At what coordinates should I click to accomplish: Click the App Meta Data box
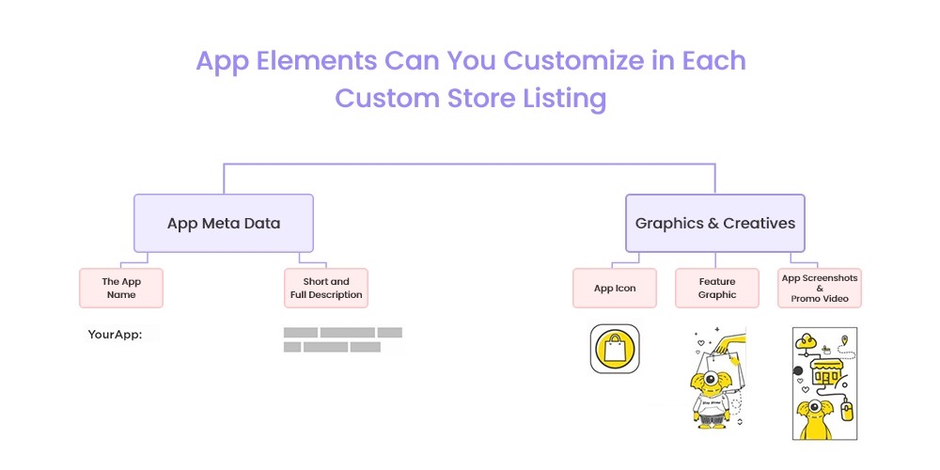(x=224, y=223)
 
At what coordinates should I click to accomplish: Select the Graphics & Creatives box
(x=715, y=223)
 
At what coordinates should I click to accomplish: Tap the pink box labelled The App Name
(x=121, y=288)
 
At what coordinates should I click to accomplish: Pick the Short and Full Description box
(x=326, y=288)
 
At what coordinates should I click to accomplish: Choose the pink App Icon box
(x=615, y=288)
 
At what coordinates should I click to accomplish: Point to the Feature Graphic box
(x=717, y=288)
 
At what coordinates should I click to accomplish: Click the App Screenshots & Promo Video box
(x=820, y=288)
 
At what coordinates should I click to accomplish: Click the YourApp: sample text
(x=115, y=335)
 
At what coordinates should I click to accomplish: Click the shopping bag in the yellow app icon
(x=615, y=349)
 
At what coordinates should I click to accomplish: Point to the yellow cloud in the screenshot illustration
(x=806, y=341)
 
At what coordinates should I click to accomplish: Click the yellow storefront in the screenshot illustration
(x=826, y=371)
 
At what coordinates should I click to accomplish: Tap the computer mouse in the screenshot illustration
(x=847, y=411)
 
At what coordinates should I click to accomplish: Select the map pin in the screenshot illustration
(x=845, y=340)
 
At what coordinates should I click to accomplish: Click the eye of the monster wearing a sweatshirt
(x=711, y=378)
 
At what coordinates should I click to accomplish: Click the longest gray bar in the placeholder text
(x=347, y=332)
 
